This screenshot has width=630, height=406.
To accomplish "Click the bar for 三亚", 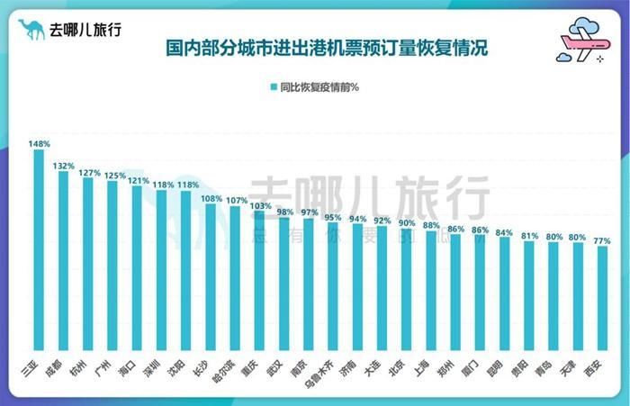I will [39, 252].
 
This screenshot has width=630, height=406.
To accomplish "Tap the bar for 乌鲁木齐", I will [333, 288].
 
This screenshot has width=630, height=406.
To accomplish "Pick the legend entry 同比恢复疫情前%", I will [314, 87].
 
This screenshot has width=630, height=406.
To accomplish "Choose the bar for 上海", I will [431, 293].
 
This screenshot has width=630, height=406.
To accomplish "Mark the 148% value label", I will [39, 144].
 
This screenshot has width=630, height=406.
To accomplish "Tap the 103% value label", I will [260, 205].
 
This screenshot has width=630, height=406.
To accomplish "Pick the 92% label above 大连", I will [382, 220].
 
